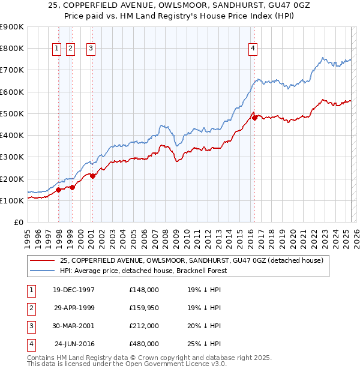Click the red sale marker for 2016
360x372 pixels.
pos(254,118)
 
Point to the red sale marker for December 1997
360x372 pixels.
pos(59,190)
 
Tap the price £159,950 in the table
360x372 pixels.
pos(144,308)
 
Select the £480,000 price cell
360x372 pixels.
pos(144,344)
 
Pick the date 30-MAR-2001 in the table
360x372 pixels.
pos(74,326)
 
